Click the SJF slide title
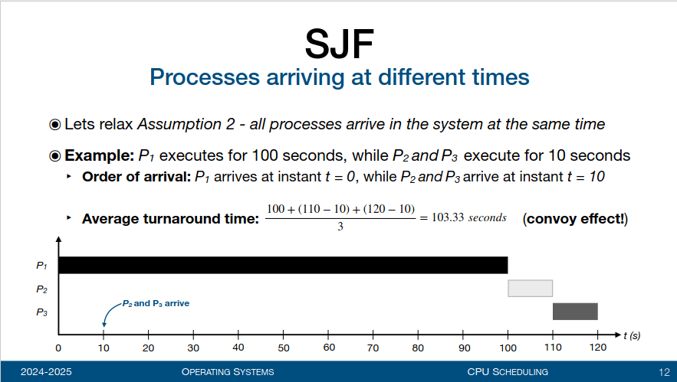(x=340, y=44)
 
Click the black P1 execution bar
(x=283, y=265)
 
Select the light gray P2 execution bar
(x=531, y=289)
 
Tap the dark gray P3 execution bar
(x=575, y=312)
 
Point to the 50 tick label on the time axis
(x=283, y=348)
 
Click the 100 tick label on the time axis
(x=508, y=348)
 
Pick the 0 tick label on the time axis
(x=58, y=348)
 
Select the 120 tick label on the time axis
(x=597, y=348)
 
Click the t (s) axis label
(x=632, y=335)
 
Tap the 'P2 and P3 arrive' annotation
(x=156, y=303)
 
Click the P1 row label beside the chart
(x=41, y=266)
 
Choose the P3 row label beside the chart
(x=41, y=312)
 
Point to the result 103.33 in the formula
(x=448, y=217)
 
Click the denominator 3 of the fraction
(x=340, y=227)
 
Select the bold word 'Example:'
(x=100, y=155)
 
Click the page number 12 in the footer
(x=664, y=372)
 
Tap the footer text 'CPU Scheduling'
(x=508, y=371)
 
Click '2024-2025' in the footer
(x=46, y=371)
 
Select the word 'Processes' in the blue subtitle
(x=205, y=77)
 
